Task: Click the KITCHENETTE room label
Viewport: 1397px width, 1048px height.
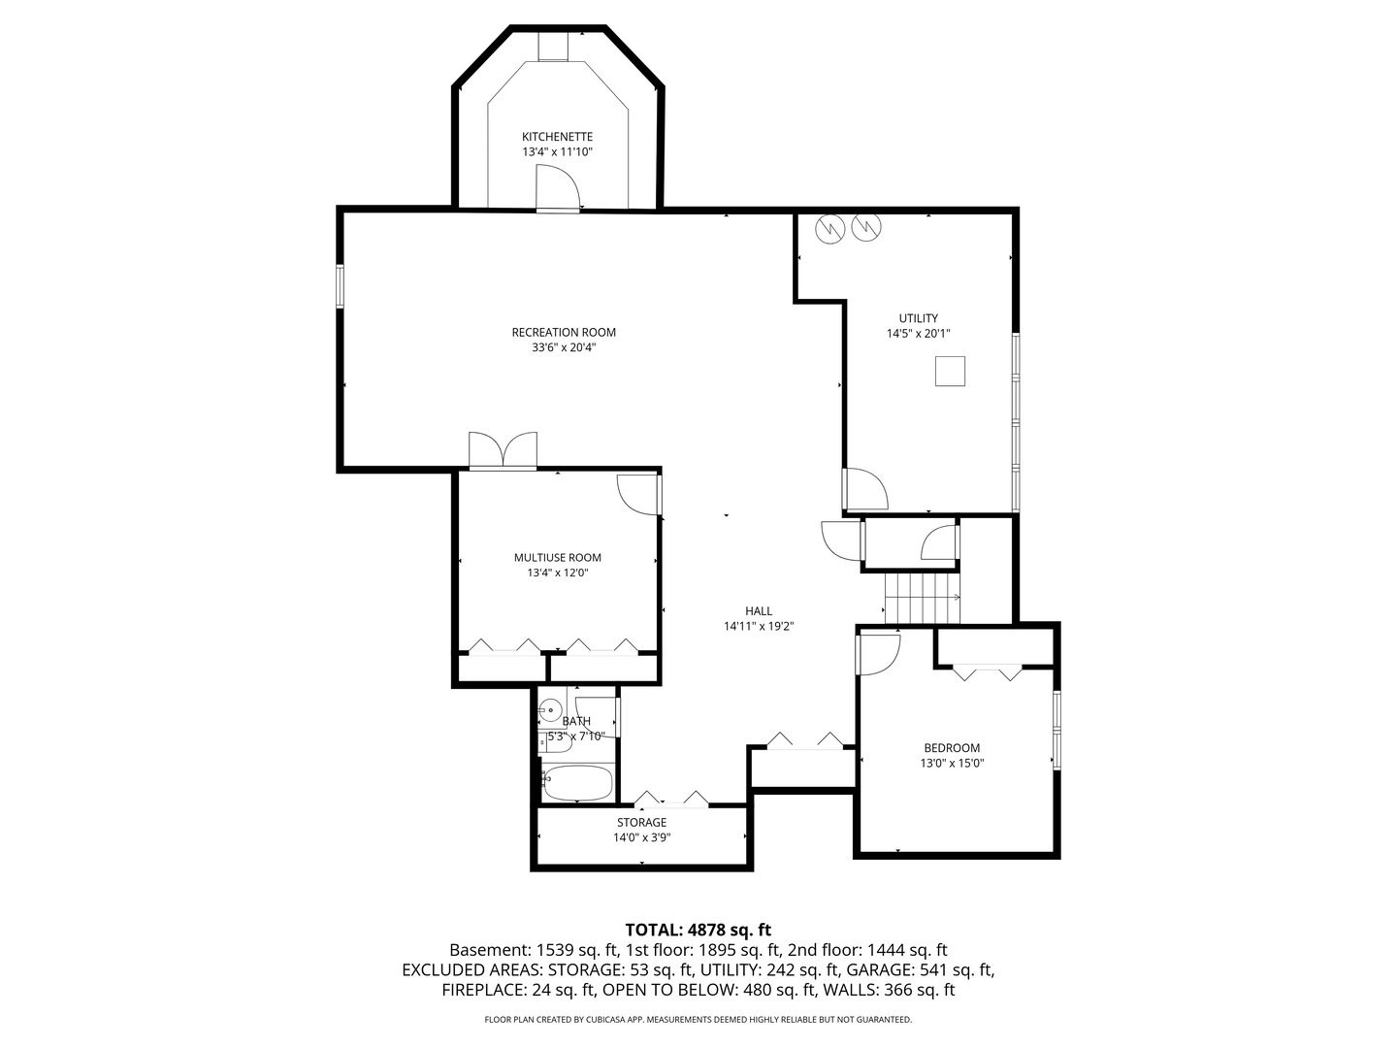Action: [x=557, y=137]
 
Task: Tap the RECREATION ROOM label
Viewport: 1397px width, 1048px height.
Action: [x=564, y=333]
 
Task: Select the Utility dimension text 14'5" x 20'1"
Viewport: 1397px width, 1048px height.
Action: [x=918, y=334]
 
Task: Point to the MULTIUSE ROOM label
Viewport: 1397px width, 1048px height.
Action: [x=557, y=558]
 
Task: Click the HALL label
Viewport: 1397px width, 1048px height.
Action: [x=759, y=611]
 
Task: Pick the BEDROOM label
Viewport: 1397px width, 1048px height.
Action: [x=951, y=748]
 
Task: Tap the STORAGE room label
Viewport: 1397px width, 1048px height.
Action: [x=641, y=823]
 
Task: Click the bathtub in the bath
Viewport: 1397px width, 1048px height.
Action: [x=577, y=782]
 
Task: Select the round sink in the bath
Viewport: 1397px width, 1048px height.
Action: [x=550, y=711]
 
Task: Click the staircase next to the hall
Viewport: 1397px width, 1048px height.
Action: [x=922, y=598]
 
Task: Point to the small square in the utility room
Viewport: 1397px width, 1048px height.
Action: [x=950, y=372]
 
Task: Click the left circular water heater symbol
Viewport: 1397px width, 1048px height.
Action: [x=830, y=228]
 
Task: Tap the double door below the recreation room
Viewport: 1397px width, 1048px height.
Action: [x=503, y=451]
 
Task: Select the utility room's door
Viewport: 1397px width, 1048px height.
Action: [x=865, y=489]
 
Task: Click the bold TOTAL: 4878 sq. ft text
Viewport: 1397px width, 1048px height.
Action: [x=698, y=931]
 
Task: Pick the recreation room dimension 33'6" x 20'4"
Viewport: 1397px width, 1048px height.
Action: [x=564, y=347]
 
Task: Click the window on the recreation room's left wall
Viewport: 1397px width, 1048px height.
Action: [x=341, y=286]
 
